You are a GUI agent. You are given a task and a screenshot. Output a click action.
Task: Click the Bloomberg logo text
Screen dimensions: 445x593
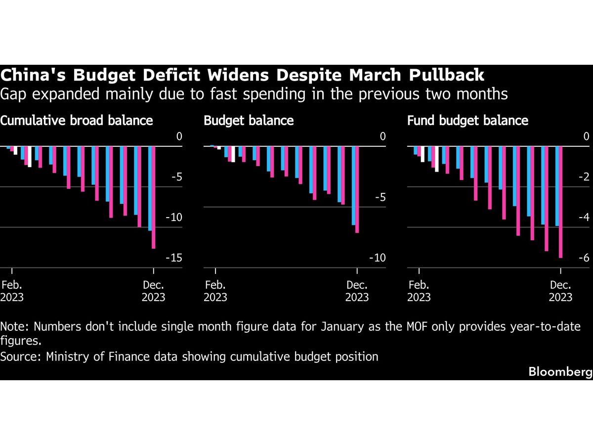560,372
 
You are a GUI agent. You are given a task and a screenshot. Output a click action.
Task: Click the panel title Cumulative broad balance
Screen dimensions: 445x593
77,120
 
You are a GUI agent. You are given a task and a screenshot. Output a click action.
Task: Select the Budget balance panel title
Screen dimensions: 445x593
249,120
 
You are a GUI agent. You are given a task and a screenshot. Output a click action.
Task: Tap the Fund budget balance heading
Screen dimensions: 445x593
467,120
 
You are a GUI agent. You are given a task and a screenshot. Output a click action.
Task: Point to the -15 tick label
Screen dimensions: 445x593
176,258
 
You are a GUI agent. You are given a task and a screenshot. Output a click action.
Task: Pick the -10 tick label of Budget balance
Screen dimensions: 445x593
378,258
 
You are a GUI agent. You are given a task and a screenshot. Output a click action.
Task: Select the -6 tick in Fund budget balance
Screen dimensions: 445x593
583,258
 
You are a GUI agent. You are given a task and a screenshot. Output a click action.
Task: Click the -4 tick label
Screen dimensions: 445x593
583,218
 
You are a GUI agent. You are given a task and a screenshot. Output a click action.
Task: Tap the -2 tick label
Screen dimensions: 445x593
583,177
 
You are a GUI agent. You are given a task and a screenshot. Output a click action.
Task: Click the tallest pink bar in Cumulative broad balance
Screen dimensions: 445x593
154,198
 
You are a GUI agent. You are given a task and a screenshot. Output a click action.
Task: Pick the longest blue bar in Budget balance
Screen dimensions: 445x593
353,185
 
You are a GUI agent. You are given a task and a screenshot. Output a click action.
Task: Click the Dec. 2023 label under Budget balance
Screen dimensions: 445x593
357,291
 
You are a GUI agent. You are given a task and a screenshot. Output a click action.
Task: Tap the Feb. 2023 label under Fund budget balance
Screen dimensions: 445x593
419,291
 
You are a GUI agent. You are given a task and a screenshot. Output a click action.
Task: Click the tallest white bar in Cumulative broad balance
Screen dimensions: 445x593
30,157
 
